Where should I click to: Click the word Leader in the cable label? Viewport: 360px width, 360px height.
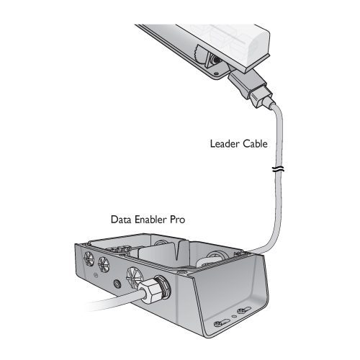click(225, 144)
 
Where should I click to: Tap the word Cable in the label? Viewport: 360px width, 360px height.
click(255, 144)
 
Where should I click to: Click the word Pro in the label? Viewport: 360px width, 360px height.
click(178, 220)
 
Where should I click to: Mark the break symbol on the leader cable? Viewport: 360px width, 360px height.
click(279, 169)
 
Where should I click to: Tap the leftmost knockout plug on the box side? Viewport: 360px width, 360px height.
click(89, 258)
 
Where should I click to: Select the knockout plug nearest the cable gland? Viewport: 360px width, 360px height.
click(132, 275)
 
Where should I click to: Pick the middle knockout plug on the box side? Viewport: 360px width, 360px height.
click(104, 264)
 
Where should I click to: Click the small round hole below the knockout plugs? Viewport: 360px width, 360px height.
click(117, 284)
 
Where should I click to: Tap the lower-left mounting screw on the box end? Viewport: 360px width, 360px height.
click(218, 324)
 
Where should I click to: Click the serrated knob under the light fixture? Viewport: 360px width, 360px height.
click(199, 54)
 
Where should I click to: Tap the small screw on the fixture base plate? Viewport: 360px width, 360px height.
click(216, 73)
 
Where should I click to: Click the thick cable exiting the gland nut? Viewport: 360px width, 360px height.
click(115, 301)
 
